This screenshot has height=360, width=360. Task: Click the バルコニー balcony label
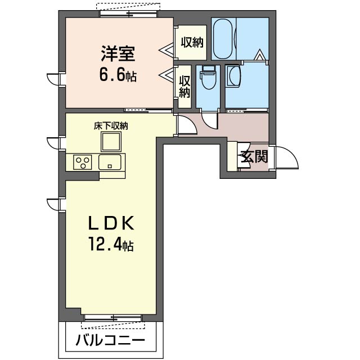tap(110, 340)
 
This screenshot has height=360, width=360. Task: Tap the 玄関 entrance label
tap(254, 156)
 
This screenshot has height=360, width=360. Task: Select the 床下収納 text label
tap(111, 126)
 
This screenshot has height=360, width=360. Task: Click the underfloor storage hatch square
tap(111, 143)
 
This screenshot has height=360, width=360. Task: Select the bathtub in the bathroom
tap(224, 39)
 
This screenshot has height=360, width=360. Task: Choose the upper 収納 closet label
tap(192, 42)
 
